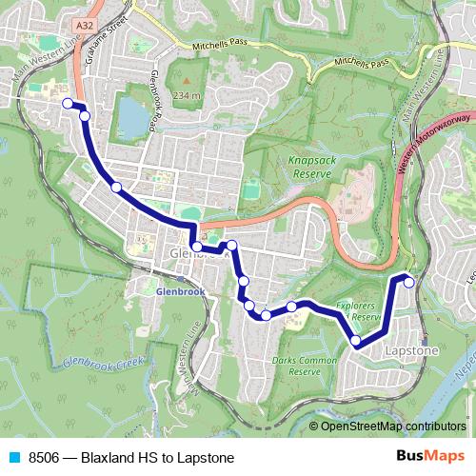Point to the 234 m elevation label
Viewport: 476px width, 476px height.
click(x=188, y=95)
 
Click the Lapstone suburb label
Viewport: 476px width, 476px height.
click(x=412, y=351)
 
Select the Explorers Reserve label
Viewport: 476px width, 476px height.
click(x=359, y=310)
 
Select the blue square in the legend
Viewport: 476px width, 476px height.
click(x=14, y=457)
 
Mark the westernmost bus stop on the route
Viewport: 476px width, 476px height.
click(x=68, y=103)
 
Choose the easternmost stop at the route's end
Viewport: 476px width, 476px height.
click(x=409, y=281)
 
